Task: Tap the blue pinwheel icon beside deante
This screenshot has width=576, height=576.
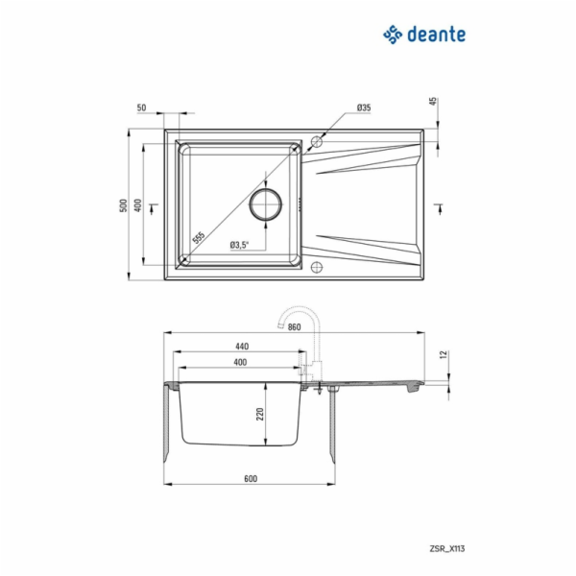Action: tap(392, 35)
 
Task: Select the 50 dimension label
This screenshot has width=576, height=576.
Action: tap(142, 108)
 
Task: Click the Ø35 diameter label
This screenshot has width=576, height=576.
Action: tap(364, 108)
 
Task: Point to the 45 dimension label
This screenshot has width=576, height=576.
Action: tap(433, 102)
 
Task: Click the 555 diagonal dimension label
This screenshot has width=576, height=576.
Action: tap(198, 238)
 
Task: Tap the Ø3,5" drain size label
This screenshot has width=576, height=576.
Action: tap(239, 245)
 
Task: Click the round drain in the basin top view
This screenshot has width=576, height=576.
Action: tap(266, 204)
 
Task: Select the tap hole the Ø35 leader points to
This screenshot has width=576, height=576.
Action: tap(318, 142)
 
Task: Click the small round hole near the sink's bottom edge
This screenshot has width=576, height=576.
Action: tap(318, 266)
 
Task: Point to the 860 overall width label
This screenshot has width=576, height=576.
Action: tap(294, 328)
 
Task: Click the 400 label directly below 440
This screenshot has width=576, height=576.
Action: tap(240, 362)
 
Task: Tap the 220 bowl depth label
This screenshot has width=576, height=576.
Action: tap(259, 414)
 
